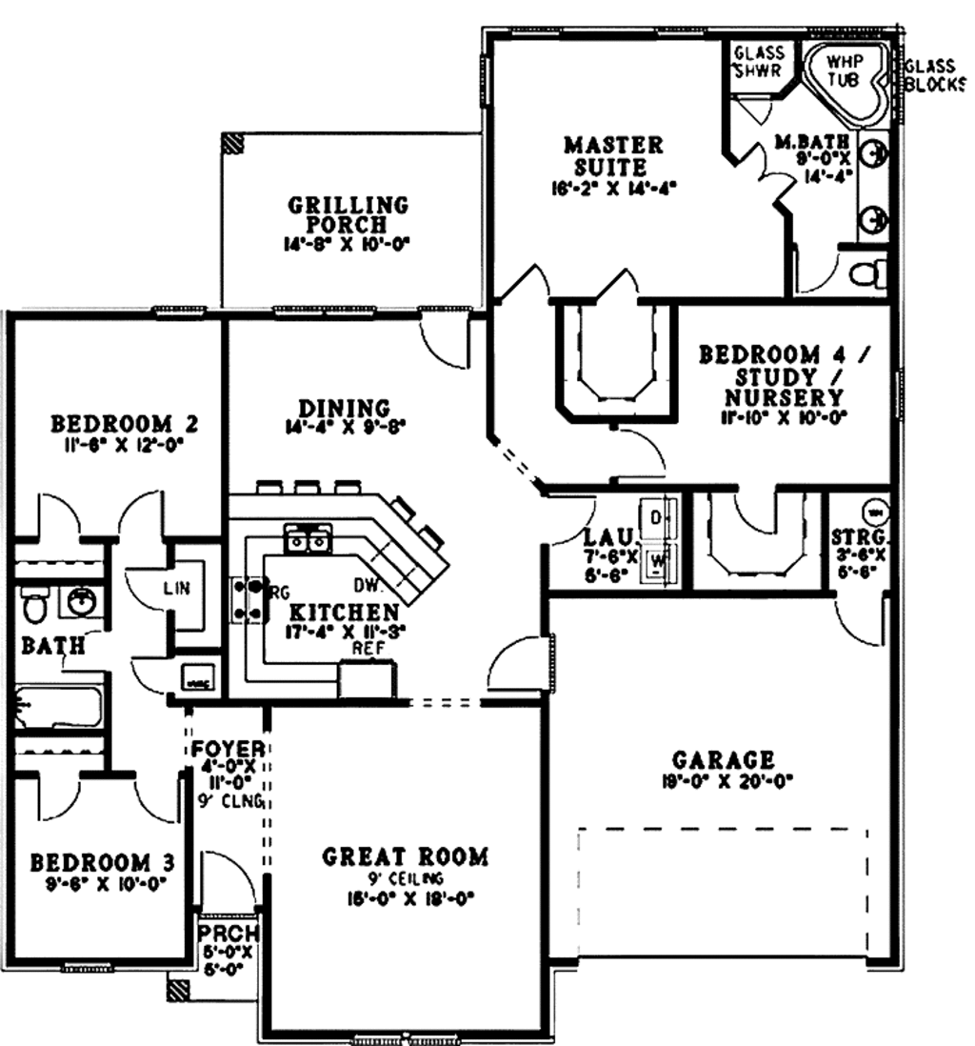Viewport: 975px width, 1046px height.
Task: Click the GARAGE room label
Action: [x=724, y=759]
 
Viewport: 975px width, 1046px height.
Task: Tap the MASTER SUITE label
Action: [x=612, y=156]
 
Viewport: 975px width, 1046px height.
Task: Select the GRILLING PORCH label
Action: [x=348, y=214]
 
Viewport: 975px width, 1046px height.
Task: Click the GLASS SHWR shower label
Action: [x=759, y=61]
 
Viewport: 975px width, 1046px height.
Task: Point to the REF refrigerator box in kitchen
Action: [x=367, y=679]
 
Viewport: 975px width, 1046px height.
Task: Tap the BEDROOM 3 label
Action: [x=102, y=863]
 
